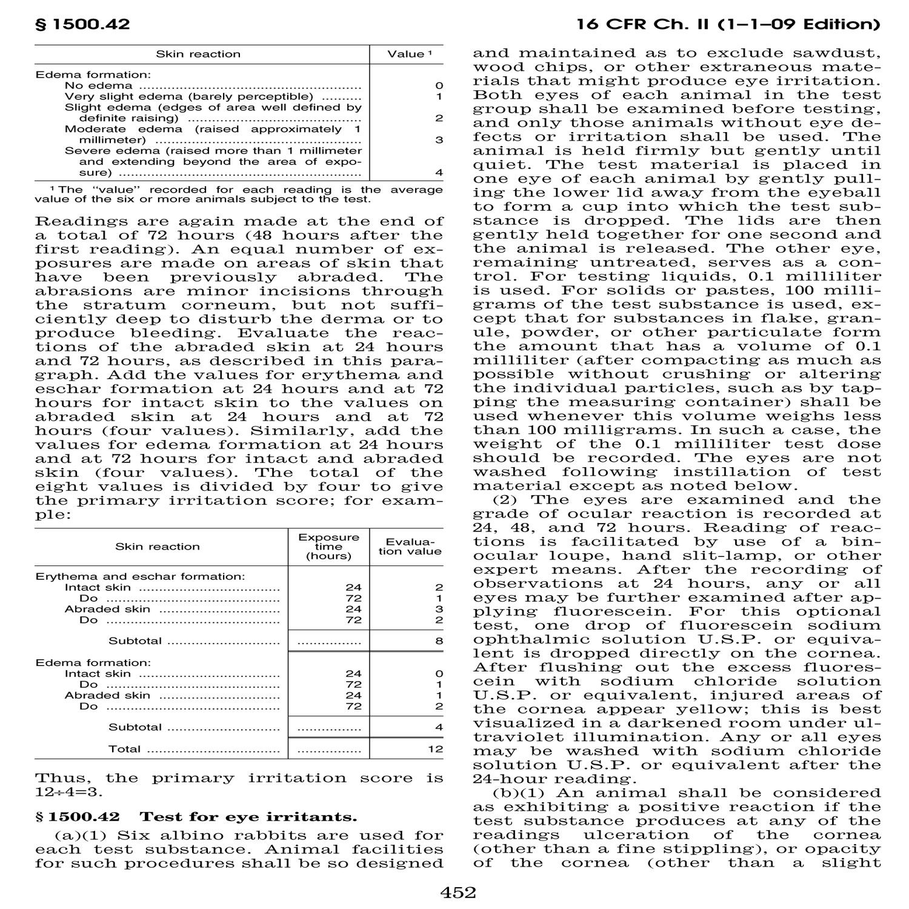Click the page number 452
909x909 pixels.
(x=458, y=892)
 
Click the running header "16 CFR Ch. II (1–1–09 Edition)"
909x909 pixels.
(x=728, y=24)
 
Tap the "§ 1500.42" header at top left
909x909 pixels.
(x=82, y=24)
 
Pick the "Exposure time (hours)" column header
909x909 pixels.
(x=328, y=546)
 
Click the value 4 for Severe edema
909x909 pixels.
(x=439, y=173)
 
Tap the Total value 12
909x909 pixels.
(x=435, y=749)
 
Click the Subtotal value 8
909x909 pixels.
(x=439, y=641)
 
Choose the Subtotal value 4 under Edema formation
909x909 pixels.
(x=439, y=727)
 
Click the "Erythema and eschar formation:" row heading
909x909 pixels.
(x=140, y=576)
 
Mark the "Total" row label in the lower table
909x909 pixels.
(x=124, y=749)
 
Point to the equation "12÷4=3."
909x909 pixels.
(x=69, y=792)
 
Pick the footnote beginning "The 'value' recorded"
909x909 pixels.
(x=239, y=194)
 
